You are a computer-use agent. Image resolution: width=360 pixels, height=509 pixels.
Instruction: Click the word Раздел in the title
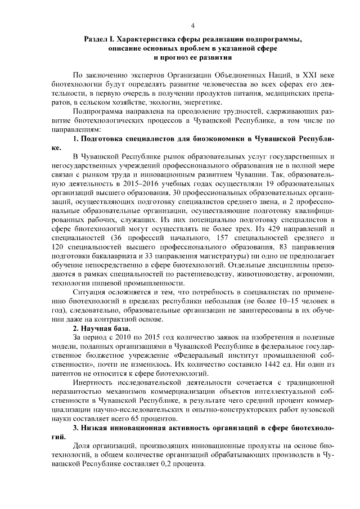coord(96,39)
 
